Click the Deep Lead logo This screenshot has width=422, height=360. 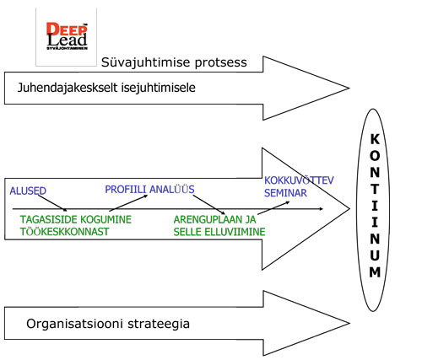[67, 36]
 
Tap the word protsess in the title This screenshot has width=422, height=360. [221, 62]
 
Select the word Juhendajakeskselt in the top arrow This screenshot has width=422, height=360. [68, 88]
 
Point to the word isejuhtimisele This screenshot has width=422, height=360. [159, 88]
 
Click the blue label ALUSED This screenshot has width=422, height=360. [28, 191]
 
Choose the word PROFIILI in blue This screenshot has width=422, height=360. [126, 190]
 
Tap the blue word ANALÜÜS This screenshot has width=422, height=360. [172, 190]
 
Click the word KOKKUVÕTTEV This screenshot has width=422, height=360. [299, 180]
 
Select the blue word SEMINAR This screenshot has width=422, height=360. [285, 193]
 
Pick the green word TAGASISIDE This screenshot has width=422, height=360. [47, 219]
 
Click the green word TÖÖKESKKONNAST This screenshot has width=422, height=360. [64, 232]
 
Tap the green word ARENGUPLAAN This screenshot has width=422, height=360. [208, 219]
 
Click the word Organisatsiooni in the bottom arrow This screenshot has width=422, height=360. [75, 324]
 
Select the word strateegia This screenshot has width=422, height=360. [159, 324]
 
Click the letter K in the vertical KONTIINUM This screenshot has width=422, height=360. [375, 139]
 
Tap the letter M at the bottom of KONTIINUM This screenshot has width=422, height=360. [375, 272]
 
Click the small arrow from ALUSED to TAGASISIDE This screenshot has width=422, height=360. [52, 203]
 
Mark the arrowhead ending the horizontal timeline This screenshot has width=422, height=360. [321, 209]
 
